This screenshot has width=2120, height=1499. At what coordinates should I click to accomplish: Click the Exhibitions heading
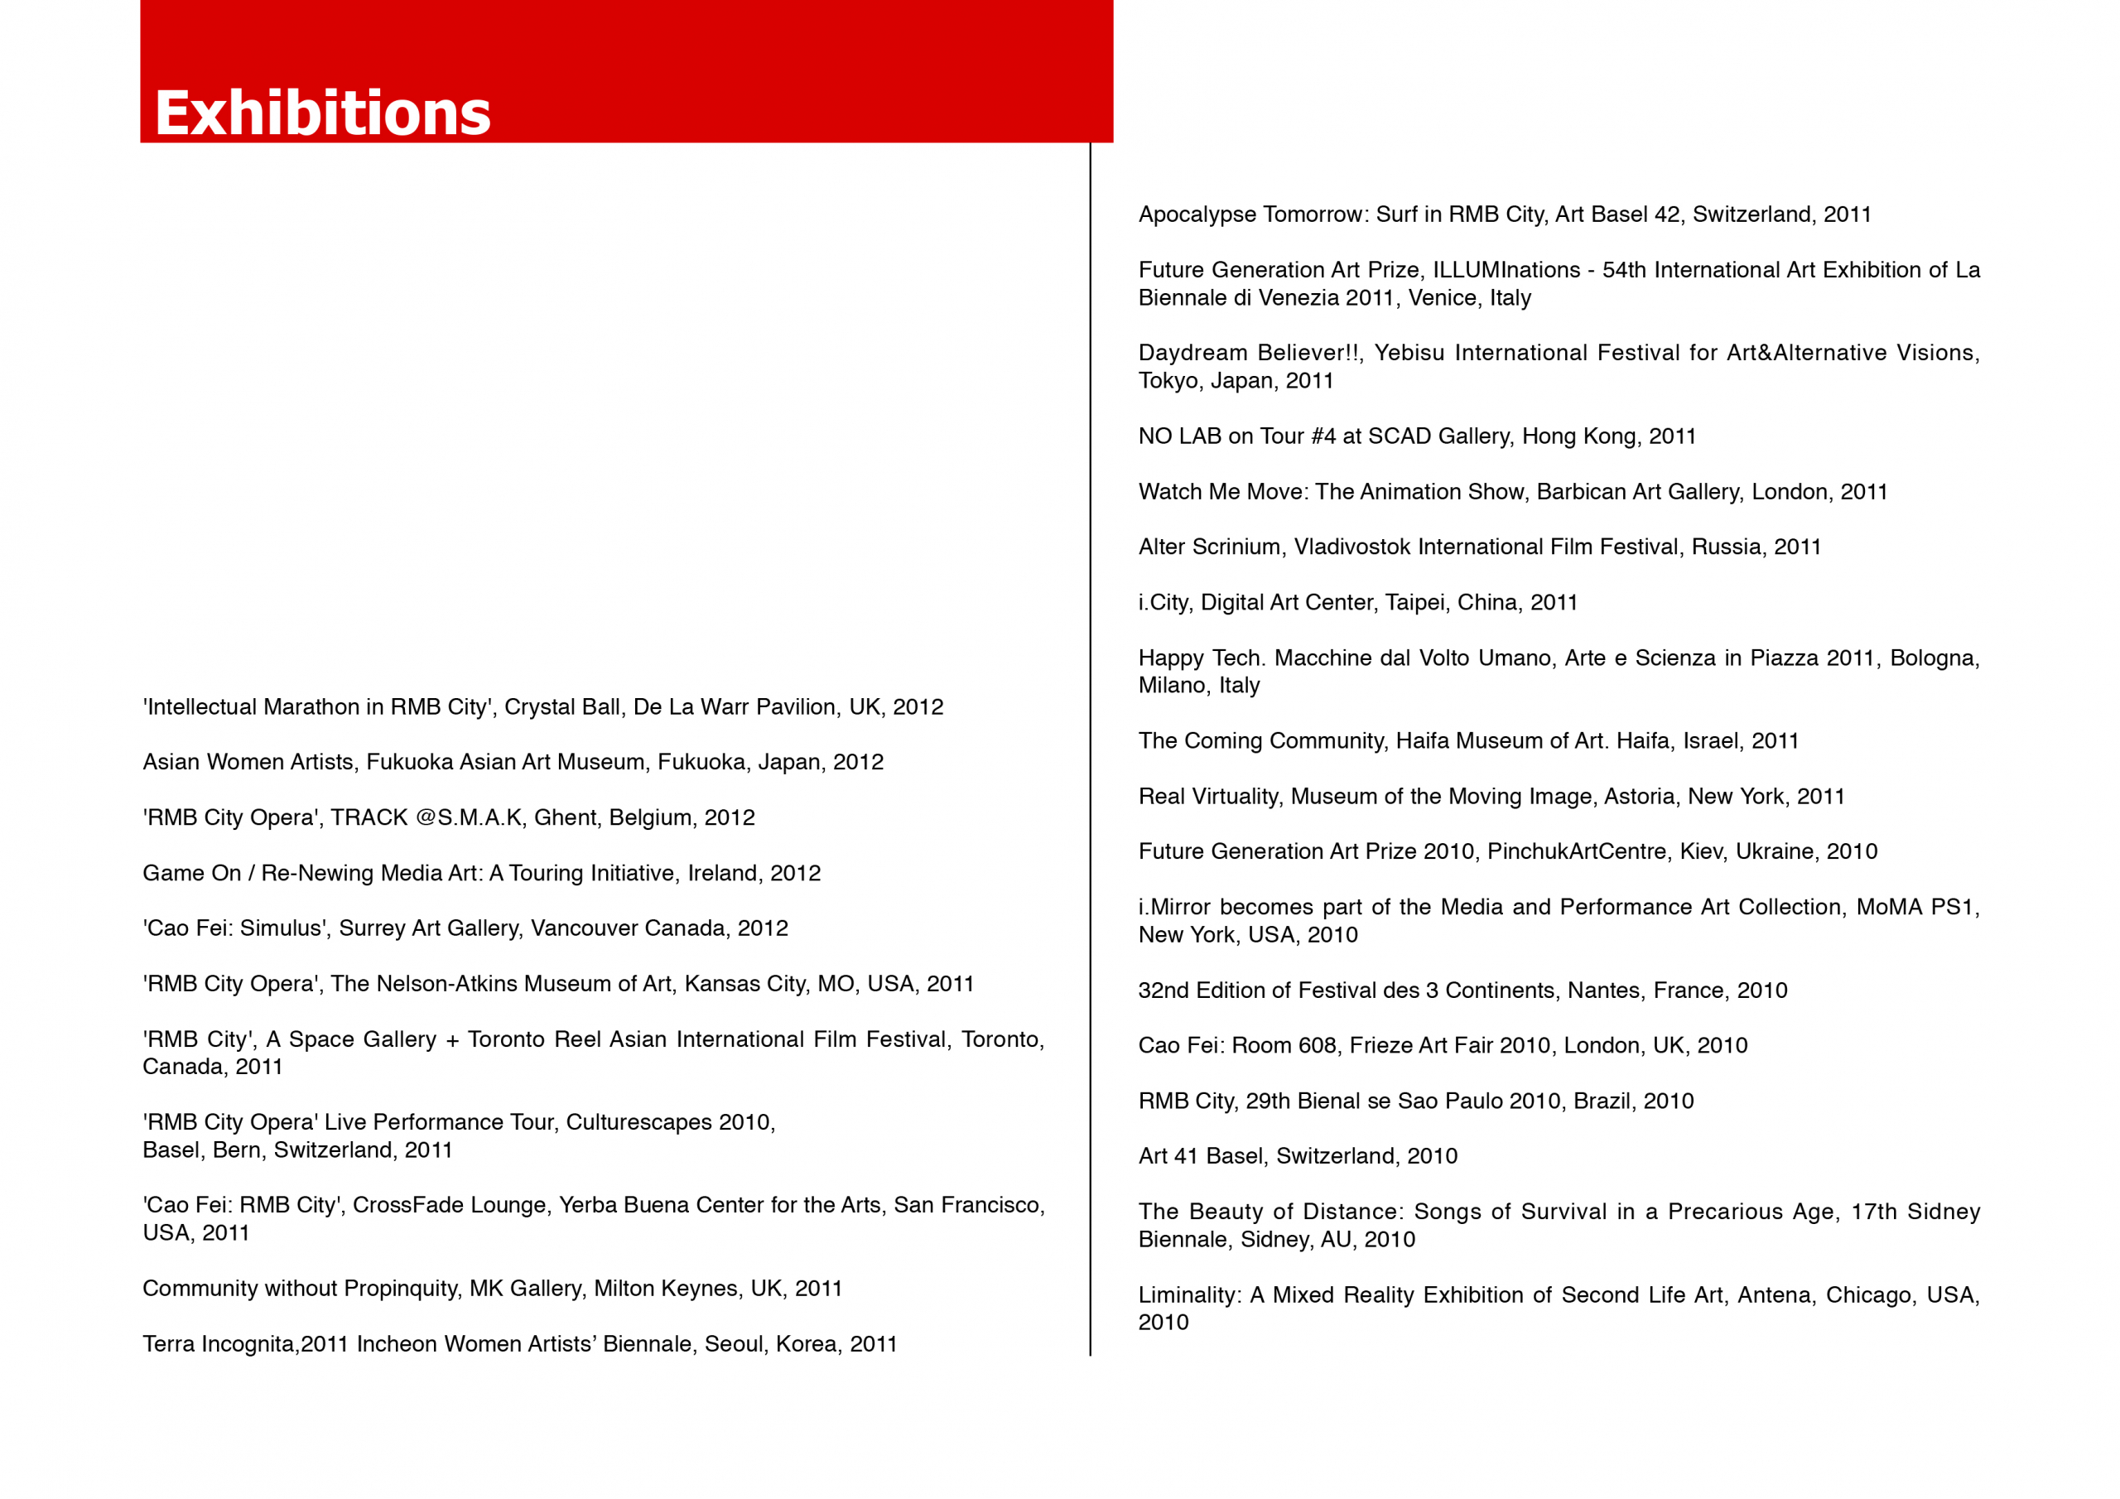(x=322, y=113)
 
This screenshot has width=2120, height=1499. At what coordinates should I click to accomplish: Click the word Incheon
(x=396, y=1344)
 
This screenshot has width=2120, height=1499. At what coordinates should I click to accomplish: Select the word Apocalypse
(x=1197, y=215)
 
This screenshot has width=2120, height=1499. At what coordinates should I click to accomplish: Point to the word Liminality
(x=1187, y=1295)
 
